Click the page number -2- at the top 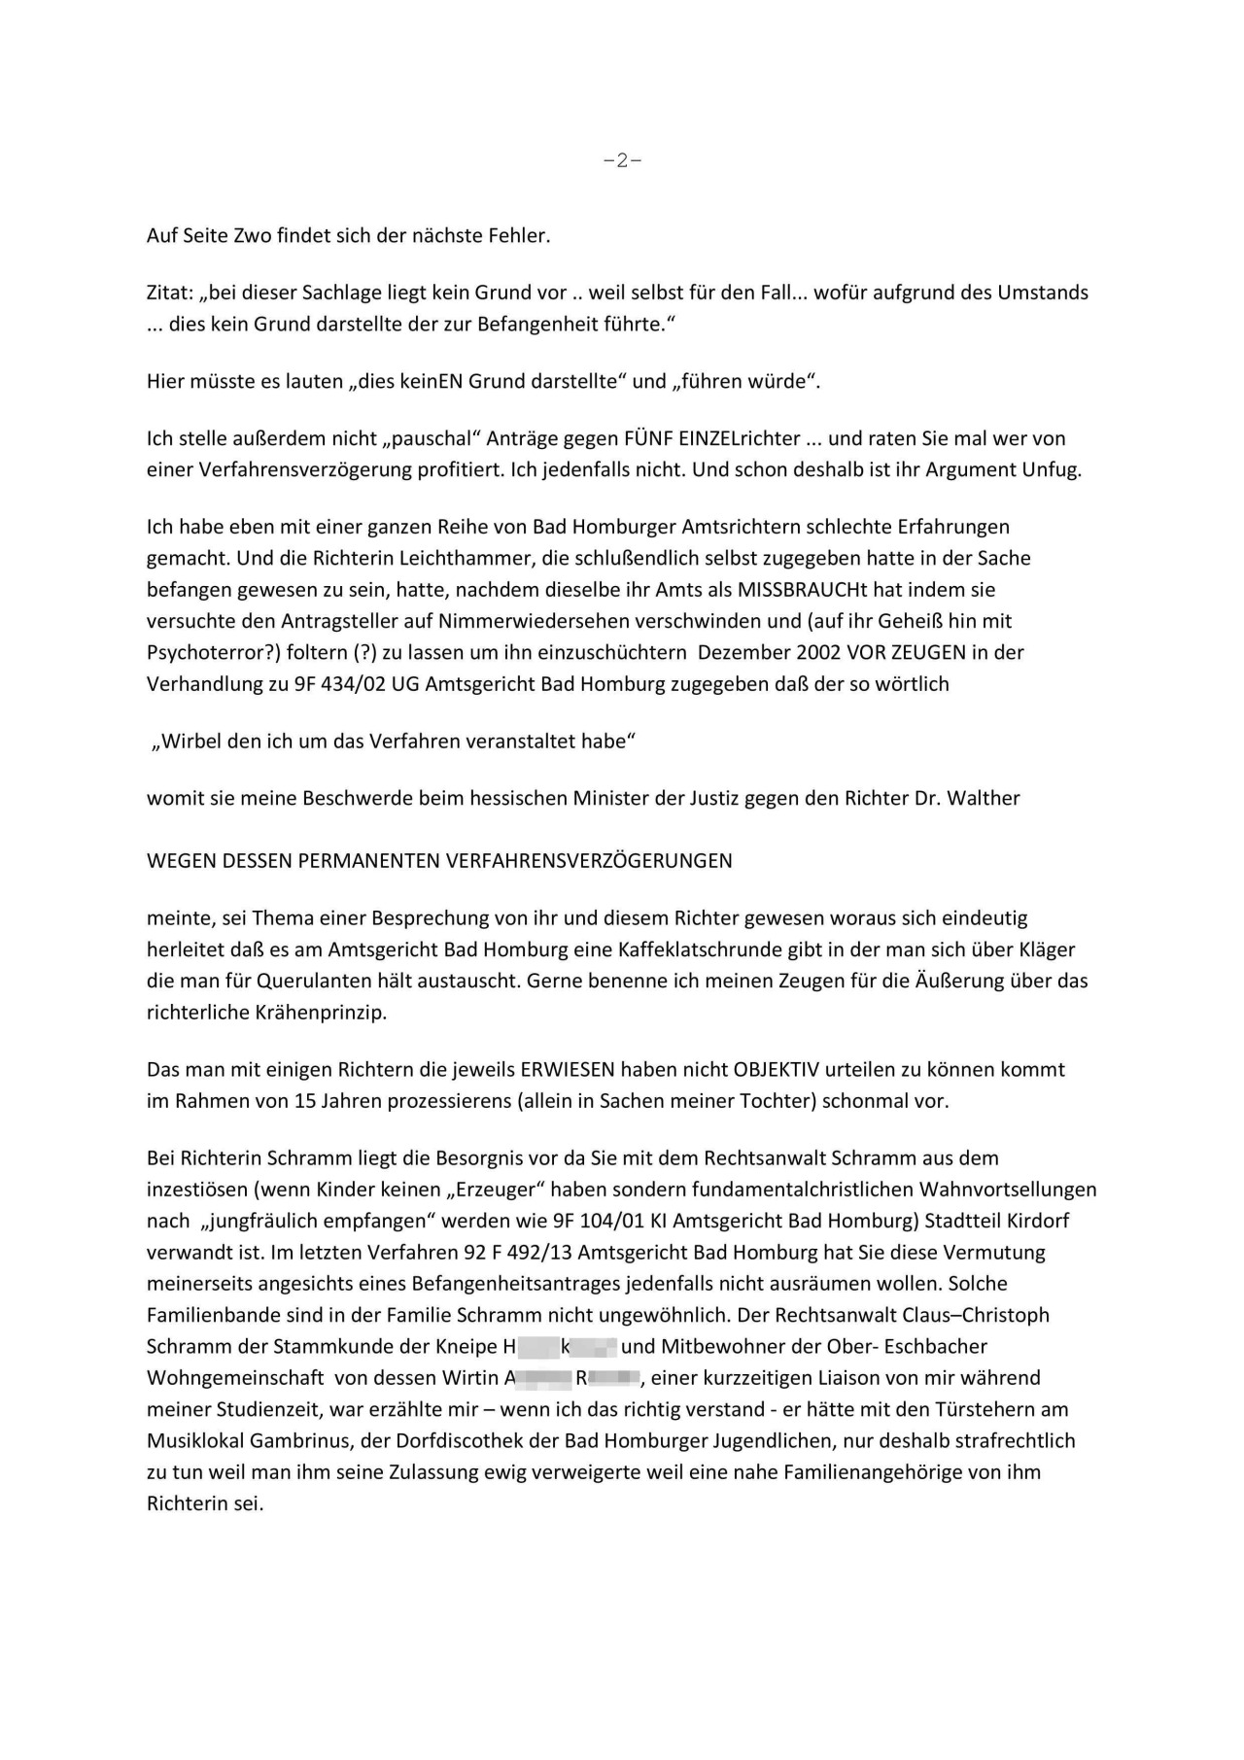click(x=622, y=161)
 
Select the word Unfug click(x=1052, y=469)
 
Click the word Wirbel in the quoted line click(x=188, y=742)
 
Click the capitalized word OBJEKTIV click(x=778, y=1070)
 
